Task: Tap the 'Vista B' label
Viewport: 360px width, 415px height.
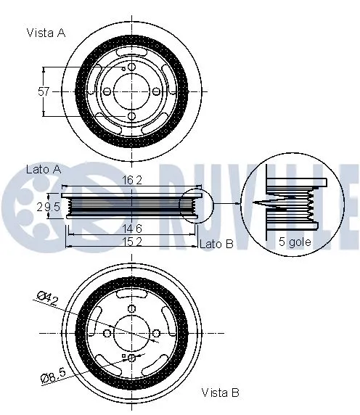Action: point(221,393)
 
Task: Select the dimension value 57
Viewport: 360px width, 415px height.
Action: point(44,91)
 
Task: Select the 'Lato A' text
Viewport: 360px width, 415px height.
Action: point(43,168)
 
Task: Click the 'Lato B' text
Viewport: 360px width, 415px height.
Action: point(216,245)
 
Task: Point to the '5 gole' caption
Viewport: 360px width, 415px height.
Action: point(295,242)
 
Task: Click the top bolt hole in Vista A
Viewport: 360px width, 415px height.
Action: point(131,67)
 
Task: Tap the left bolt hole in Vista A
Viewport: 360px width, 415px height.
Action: point(107,91)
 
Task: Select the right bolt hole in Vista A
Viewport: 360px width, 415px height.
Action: point(155,91)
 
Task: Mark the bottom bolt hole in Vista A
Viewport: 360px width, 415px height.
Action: point(131,115)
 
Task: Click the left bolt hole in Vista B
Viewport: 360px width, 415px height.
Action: point(107,333)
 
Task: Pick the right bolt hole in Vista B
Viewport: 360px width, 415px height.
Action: point(155,333)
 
